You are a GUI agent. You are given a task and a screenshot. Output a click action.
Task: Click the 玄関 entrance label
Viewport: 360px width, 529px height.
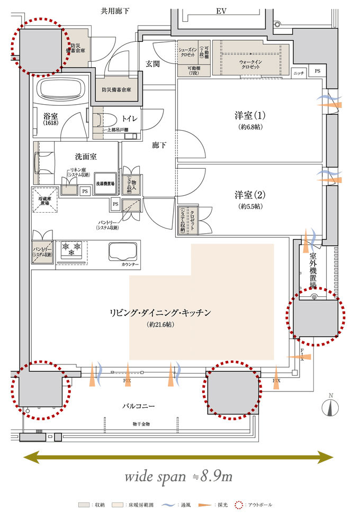tap(153, 63)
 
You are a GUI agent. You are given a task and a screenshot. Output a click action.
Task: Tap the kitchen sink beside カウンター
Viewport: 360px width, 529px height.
tap(124, 250)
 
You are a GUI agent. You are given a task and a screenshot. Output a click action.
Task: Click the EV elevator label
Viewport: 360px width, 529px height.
tap(221, 11)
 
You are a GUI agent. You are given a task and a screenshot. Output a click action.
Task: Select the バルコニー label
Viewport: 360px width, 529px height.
tap(138, 406)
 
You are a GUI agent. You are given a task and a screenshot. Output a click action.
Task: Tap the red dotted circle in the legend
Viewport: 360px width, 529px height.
tap(239, 505)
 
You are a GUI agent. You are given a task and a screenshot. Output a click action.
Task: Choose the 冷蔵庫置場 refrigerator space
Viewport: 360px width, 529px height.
tap(42, 199)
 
